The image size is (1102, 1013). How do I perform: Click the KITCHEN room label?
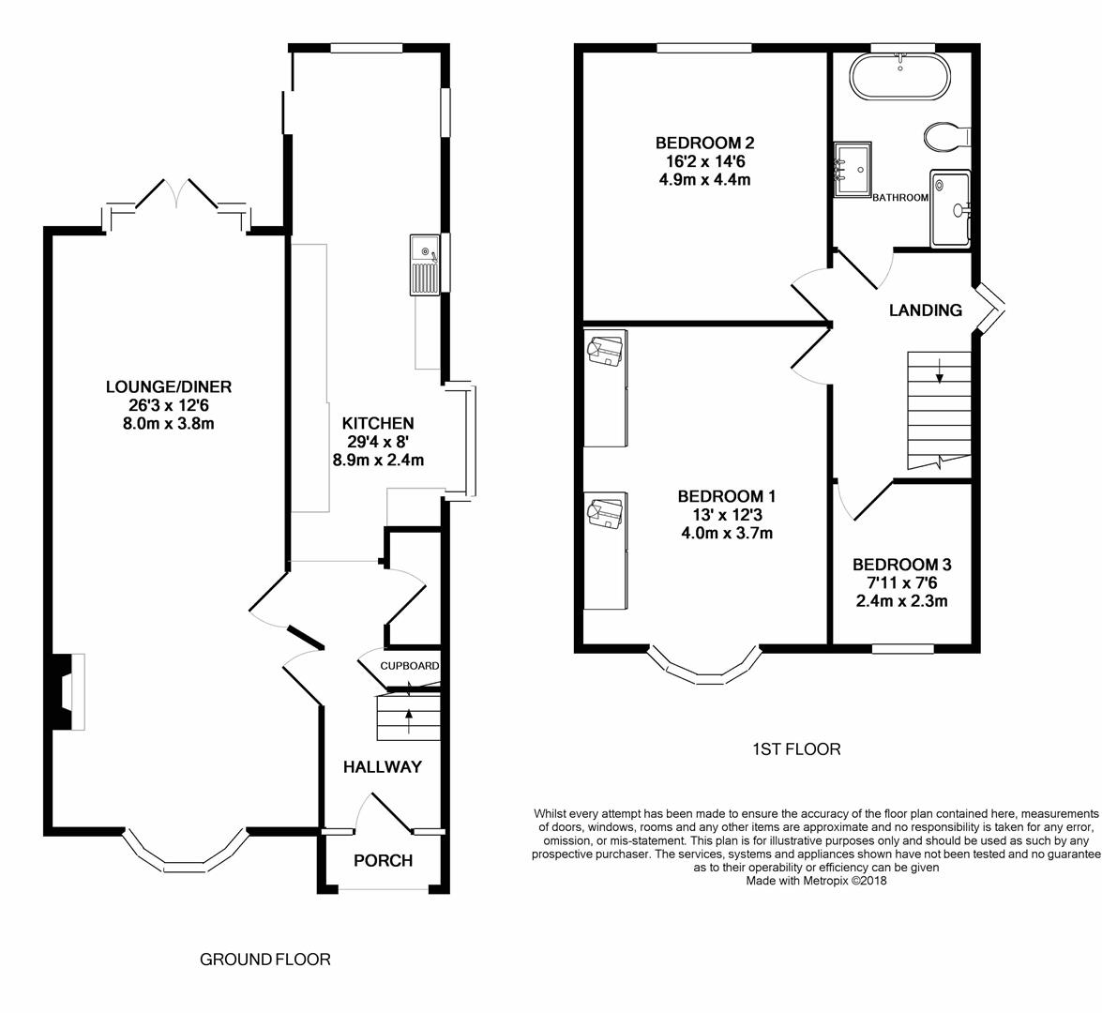[x=378, y=423]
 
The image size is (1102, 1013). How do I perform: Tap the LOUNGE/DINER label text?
[x=169, y=386]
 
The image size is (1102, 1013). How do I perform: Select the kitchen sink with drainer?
[x=425, y=265]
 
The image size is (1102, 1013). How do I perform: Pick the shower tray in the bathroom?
[x=950, y=208]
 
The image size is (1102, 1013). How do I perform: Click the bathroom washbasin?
[x=853, y=171]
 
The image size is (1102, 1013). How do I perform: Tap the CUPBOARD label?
[x=410, y=666]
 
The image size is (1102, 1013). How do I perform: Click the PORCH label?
[x=383, y=860]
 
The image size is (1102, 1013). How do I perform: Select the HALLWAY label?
[x=383, y=767]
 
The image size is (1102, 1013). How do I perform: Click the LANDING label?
[x=926, y=310]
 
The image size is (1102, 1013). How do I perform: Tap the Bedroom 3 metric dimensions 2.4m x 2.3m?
[x=901, y=601]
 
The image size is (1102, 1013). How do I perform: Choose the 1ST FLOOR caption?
[x=796, y=749]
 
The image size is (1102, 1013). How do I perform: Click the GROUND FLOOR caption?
[x=265, y=960]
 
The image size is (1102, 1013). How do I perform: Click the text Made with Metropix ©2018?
[x=817, y=880]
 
